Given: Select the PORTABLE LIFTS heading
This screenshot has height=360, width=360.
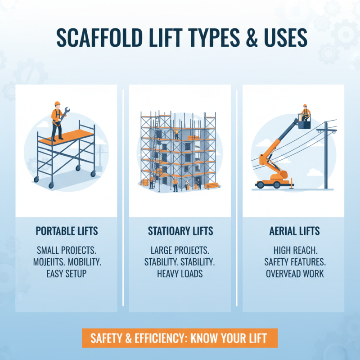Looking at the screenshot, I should pos(67,231).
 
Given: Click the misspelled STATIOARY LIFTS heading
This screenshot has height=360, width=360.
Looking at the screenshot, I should pos(180,231).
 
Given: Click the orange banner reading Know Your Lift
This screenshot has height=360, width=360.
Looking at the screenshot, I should pos(180,338).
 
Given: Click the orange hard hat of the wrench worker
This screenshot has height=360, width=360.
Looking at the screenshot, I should pos(57,103).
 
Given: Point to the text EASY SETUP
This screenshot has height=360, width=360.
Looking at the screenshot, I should pos(67,274).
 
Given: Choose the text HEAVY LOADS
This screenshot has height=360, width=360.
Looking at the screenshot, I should pos(180,274).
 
